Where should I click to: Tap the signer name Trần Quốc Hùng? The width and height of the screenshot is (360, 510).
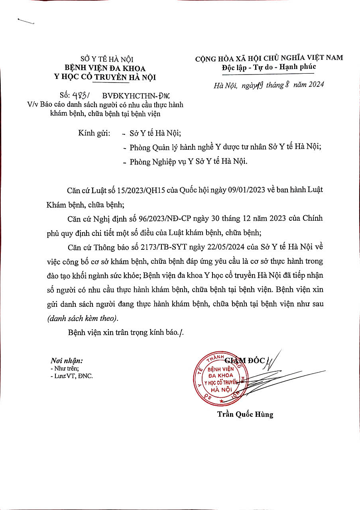pyautogui.click(x=245, y=414)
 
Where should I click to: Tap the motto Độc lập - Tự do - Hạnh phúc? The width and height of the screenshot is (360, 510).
pyautogui.click(x=269, y=67)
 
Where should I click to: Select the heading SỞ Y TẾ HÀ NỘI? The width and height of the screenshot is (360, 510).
pyautogui.click(x=104, y=60)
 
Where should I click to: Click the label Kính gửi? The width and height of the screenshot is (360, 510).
pyautogui.click(x=94, y=133)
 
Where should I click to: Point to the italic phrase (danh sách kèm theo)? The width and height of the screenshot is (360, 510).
pyautogui.click(x=83, y=319)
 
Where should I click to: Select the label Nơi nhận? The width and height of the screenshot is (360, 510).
pyautogui.click(x=67, y=361)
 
